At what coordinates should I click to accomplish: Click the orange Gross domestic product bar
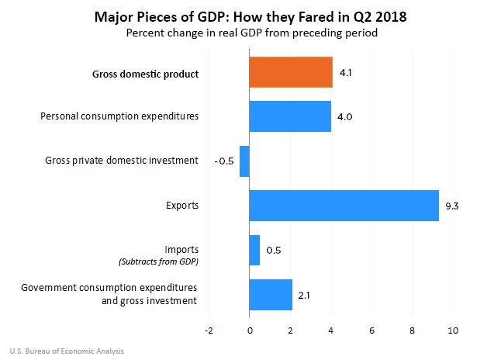click(291, 72)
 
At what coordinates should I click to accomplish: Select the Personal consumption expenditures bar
click(290, 116)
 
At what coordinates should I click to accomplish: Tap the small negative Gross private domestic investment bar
click(244, 161)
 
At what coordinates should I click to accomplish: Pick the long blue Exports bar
click(344, 206)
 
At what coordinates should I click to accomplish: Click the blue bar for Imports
click(254, 250)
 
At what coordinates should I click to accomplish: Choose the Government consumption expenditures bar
click(271, 294)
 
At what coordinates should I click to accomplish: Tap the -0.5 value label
click(223, 161)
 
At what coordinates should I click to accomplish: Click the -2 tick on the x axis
click(207, 331)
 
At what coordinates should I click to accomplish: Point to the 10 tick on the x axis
click(453, 331)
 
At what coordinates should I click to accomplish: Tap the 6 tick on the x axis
click(372, 331)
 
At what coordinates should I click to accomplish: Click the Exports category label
click(182, 206)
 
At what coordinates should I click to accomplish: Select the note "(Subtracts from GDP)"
click(157, 261)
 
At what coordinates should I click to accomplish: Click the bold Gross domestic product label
click(146, 74)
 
